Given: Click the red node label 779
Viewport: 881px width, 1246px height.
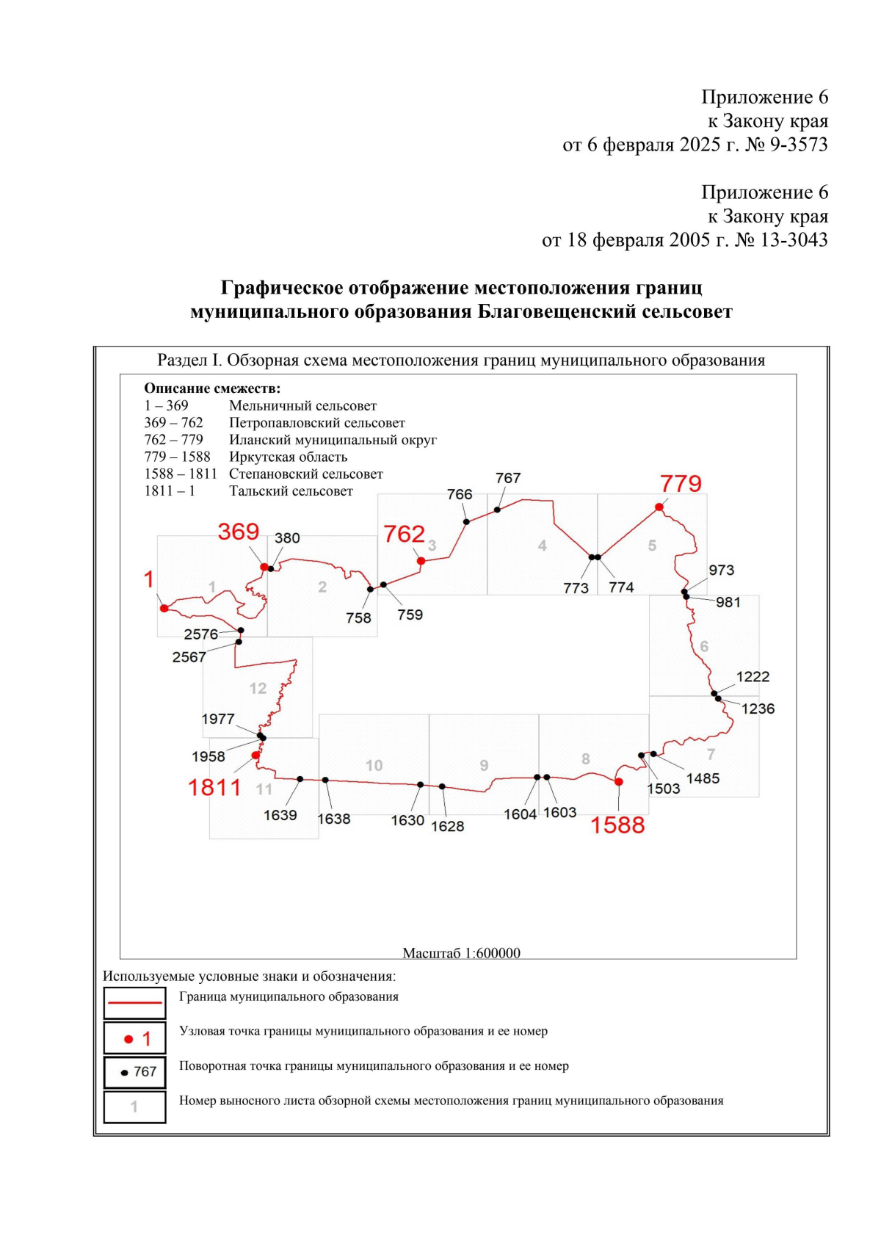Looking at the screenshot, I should point(681,484).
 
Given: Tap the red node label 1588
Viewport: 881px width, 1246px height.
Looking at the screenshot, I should point(617,825).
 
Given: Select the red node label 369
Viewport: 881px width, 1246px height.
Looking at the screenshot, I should point(239,532).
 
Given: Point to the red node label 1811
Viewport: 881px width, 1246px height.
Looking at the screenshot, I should point(214,788).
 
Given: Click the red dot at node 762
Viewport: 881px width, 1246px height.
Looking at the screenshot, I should point(421,561).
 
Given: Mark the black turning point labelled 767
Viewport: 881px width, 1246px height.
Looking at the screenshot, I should point(497,510).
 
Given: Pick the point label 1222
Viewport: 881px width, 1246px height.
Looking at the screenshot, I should point(753,677).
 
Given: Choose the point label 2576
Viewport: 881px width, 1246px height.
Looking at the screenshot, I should point(200,634).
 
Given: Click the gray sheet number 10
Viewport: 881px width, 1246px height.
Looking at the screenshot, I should point(374,766).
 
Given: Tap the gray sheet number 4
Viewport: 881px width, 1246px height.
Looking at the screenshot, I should point(542,546).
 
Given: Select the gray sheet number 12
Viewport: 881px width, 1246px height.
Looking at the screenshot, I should point(258,689).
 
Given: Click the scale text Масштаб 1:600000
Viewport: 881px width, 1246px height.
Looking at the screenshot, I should point(461,953).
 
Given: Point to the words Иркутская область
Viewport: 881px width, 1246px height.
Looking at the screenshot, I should point(288,457).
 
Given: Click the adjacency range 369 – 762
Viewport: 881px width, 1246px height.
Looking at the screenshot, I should point(173,423).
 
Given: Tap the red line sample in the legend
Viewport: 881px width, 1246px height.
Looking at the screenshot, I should point(134,1002).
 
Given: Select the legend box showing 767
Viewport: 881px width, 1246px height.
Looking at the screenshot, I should point(134,1072).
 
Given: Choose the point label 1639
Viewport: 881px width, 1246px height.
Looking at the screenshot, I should point(280,815).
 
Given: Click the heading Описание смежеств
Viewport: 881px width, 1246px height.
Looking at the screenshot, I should point(212,388).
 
